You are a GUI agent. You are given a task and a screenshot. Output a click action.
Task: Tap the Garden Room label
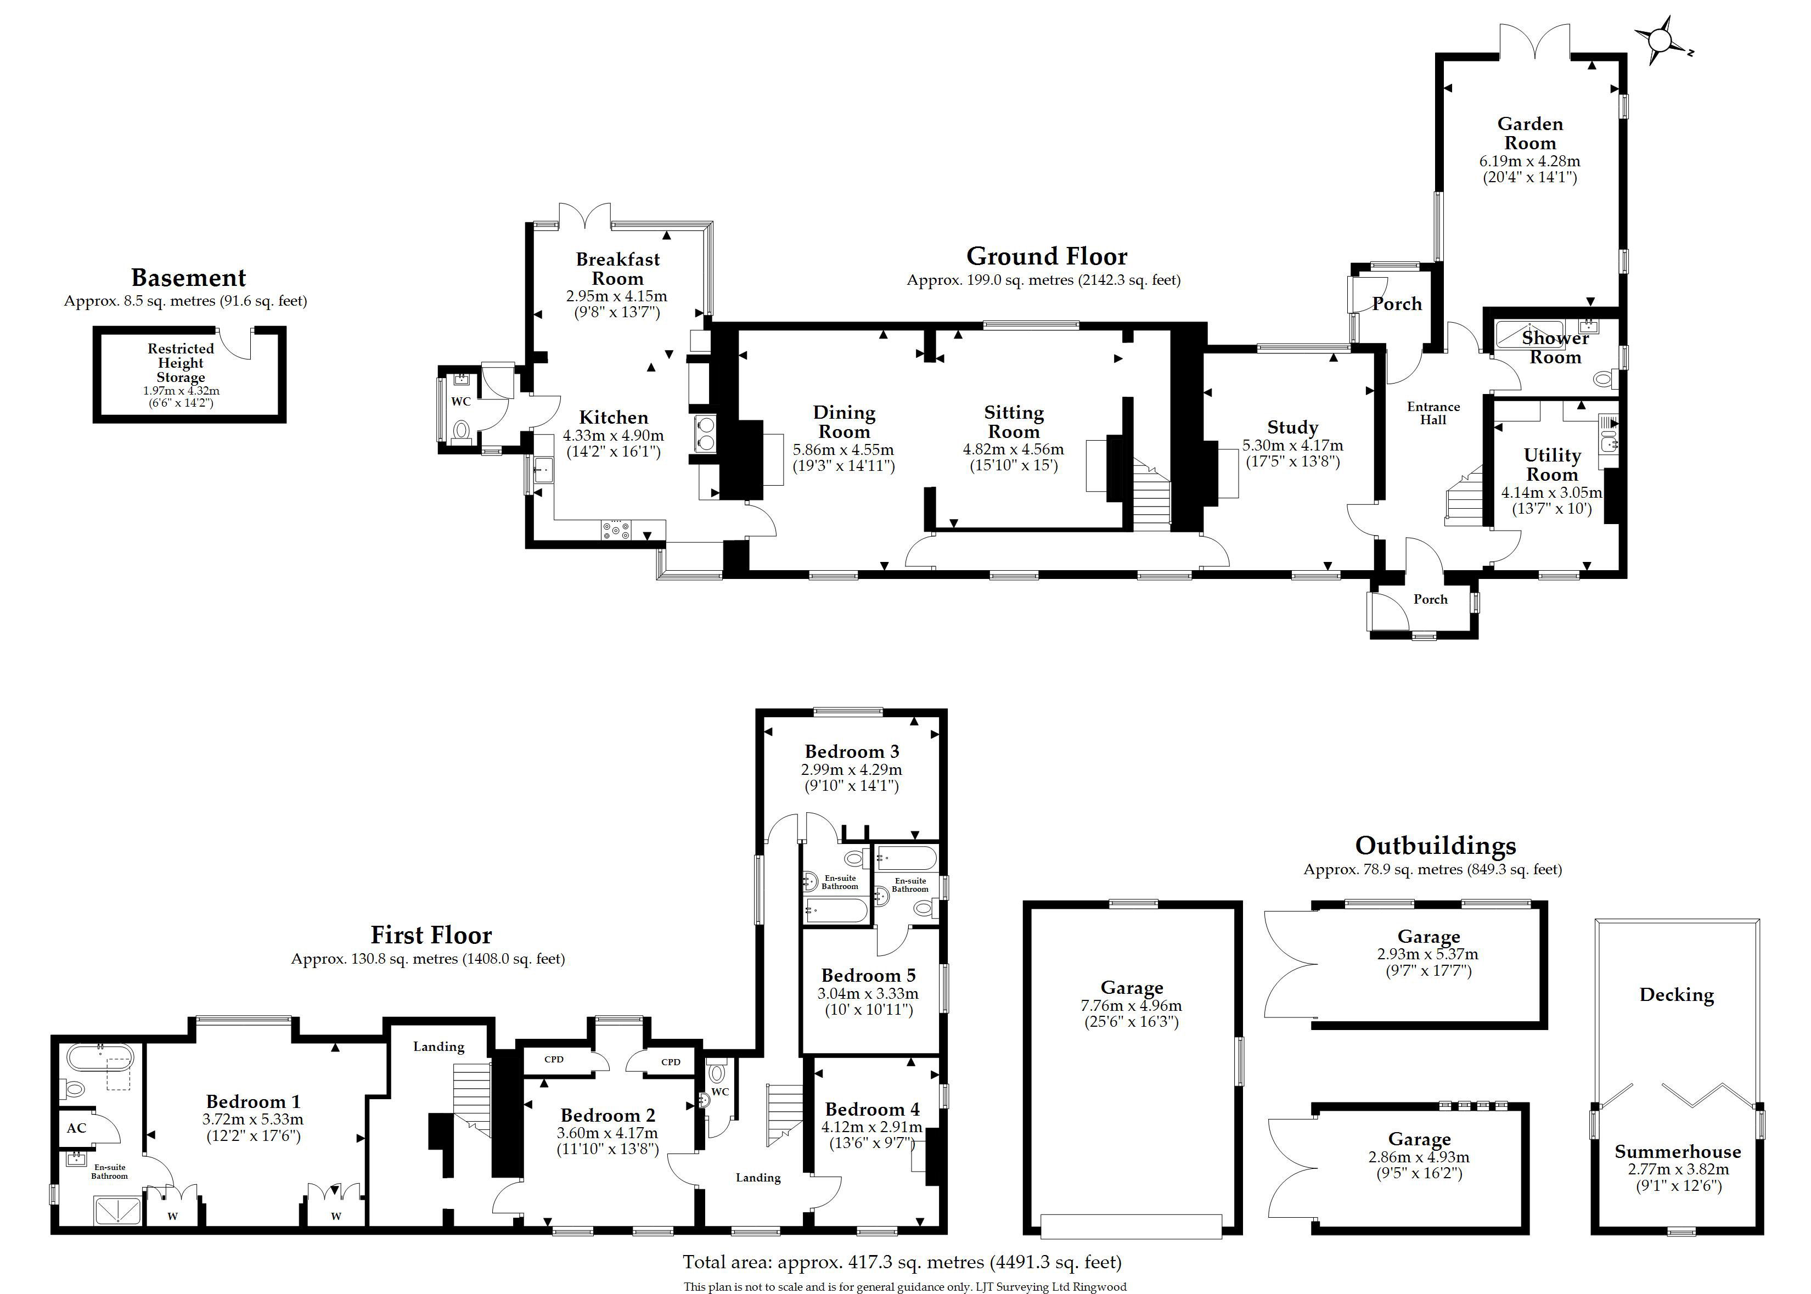pos(1530,133)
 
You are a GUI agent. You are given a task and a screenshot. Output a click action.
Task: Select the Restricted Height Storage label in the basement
pos(181,363)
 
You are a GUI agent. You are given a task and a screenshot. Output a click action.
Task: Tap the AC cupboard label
pos(76,1128)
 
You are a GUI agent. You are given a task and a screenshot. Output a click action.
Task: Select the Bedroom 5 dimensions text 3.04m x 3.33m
pos(868,994)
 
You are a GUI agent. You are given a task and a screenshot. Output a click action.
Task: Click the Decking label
pos(1677,994)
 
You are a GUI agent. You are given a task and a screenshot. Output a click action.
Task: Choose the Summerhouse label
pos(1677,1151)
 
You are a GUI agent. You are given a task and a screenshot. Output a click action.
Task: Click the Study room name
pos(1292,428)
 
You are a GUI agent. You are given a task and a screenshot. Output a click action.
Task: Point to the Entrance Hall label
pos(1433,413)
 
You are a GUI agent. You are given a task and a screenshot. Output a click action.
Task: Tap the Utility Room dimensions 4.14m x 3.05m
pos(1551,492)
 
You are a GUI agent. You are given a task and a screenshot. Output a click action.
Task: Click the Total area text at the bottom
pos(902,1262)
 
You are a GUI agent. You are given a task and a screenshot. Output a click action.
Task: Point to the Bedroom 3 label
pos(852,751)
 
